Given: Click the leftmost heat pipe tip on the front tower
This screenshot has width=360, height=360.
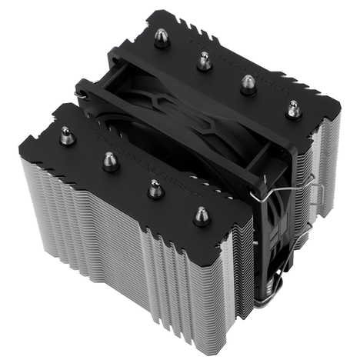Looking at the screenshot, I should (68, 138).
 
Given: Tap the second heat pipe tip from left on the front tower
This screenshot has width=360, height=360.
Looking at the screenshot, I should (110, 161).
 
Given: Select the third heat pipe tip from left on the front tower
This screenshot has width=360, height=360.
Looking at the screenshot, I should (155, 188).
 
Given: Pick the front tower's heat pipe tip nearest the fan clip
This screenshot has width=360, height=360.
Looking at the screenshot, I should (202, 216).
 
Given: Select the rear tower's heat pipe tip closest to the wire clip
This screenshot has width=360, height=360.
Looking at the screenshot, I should (293, 109).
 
